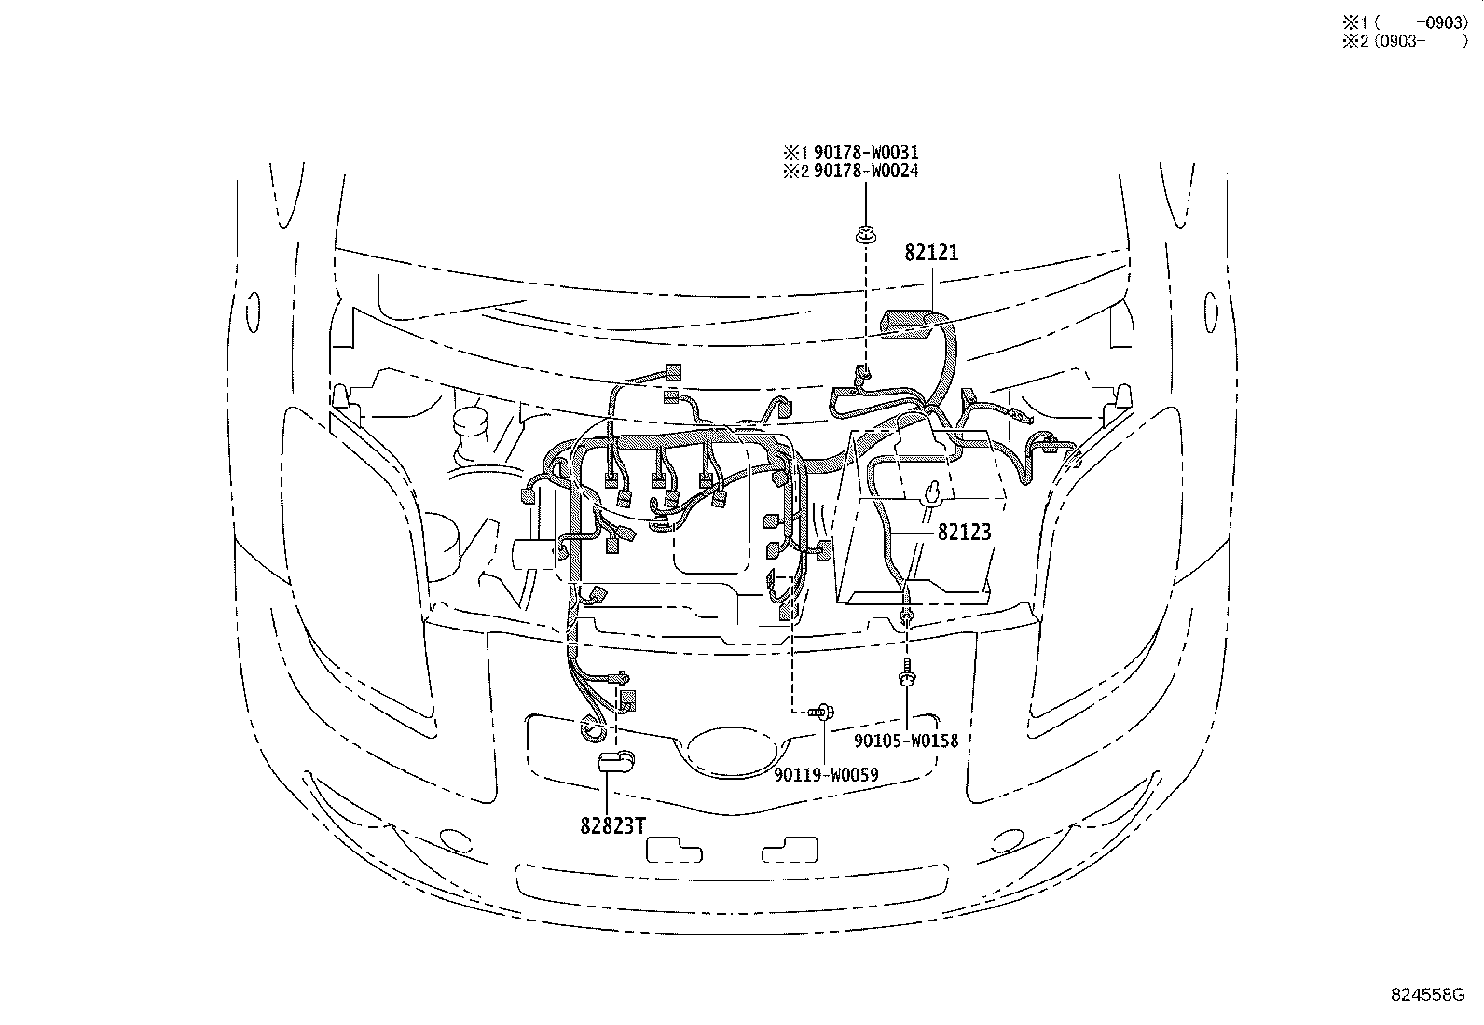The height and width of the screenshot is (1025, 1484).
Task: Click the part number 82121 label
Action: coord(931,253)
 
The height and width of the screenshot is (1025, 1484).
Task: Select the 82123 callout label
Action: coord(964,532)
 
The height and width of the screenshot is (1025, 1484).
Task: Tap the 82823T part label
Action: coord(612,825)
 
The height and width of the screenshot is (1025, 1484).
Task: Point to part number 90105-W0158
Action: coord(906,741)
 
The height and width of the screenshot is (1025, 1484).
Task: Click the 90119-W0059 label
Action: coord(826,774)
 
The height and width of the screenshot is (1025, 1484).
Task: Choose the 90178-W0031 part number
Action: coord(866,152)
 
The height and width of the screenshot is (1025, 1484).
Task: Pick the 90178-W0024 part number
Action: coord(866,171)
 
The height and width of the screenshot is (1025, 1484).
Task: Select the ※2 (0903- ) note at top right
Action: coord(1405,42)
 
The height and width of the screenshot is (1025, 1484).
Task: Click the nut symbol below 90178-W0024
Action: coord(866,236)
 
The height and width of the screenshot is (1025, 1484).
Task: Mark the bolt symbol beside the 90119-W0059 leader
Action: coord(822,713)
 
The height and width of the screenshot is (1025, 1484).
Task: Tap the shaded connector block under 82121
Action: coord(909,323)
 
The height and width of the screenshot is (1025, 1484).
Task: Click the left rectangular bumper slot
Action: coord(674,850)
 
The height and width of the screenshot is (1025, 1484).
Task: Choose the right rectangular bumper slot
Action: coord(790,850)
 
